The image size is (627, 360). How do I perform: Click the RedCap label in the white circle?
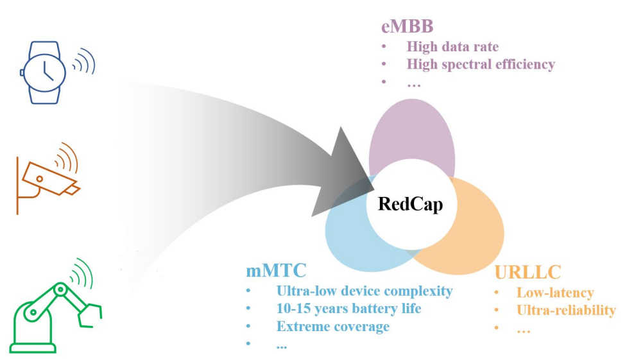click(x=410, y=204)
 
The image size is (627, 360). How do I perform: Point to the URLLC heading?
click(x=528, y=272)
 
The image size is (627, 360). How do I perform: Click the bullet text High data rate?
click(x=452, y=47)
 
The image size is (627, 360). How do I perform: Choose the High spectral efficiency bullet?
click(x=481, y=64)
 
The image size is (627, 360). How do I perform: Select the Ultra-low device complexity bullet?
click(x=365, y=291)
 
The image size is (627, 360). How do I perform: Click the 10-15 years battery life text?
click(x=349, y=309)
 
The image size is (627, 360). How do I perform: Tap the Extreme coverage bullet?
click(x=333, y=327)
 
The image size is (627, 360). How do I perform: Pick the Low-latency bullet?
click(x=555, y=293)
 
